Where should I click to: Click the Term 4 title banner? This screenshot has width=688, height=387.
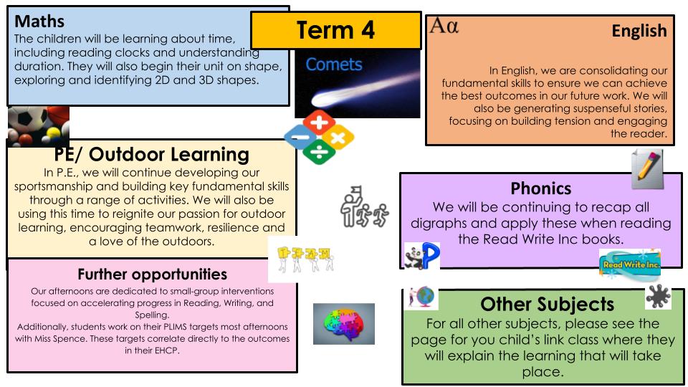(x=335, y=30)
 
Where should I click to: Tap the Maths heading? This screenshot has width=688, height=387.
(x=39, y=21)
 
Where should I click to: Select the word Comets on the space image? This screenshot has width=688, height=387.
(x=334, y=64)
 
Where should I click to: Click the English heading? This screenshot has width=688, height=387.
(x=639, y=31)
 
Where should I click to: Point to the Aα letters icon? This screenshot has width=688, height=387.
(x=444, y=26)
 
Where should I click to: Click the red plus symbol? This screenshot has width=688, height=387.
(x=319, y=122)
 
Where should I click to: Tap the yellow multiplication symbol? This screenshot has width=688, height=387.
(x=338, y=138)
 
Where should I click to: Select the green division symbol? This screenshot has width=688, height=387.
(x=319, y=152)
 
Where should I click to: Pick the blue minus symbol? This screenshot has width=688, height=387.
(x=300, y=137)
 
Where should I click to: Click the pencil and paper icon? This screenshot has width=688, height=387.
(x=647, y=169)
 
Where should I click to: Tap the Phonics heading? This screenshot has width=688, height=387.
(x=541, y=188)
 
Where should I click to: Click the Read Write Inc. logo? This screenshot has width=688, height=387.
(x=630, y=264)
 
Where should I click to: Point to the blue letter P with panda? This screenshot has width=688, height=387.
(x=422, y=256)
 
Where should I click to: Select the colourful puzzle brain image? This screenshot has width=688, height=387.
(x=344, y=324)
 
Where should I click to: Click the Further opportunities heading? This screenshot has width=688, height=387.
(x=152, y=274)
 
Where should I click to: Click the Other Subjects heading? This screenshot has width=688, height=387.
(x=547, y=304)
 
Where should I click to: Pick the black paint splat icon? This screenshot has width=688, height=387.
(x=658, y=297)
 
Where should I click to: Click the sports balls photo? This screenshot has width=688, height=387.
(x=39, y=126)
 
